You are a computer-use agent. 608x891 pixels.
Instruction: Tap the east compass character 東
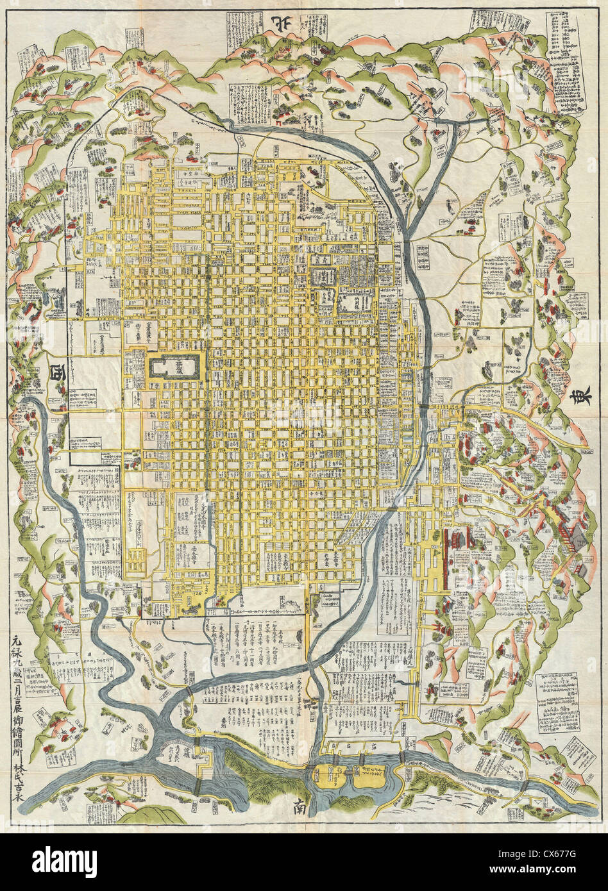pos(576,397)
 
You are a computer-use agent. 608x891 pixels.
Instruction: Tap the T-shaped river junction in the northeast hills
pos(457,122)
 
